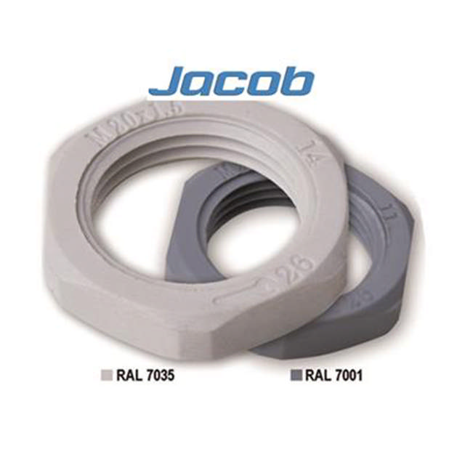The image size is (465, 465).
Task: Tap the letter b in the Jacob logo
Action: (299, 80)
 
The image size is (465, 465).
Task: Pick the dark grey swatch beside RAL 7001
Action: (295, 376)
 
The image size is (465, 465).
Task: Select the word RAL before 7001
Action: (316, 376)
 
